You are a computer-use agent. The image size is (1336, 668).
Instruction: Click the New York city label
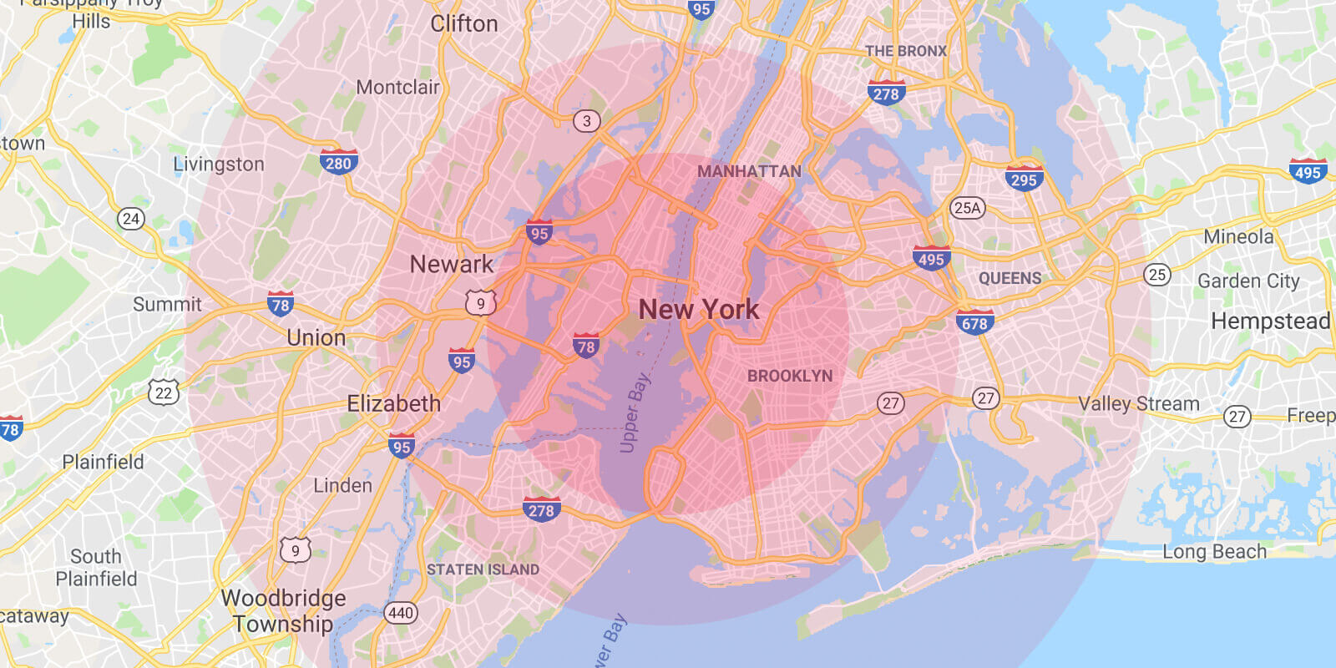tap(699, 310)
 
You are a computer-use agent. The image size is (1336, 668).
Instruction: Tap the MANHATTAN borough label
tap(749, 171)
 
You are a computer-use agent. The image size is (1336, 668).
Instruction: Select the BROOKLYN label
tap(790, 376)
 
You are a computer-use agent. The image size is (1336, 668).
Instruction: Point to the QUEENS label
tap(1010, 278)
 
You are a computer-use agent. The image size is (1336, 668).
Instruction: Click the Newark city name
tap(451, 265)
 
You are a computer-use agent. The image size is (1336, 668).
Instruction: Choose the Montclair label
tap(397, 87)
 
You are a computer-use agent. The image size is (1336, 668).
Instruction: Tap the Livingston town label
tap(219, 164)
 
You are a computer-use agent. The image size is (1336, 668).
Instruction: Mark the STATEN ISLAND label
tap(483, 569)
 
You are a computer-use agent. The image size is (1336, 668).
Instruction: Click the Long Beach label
tap(1214, 552)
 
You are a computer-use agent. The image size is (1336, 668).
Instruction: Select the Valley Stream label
tap(1138, 404)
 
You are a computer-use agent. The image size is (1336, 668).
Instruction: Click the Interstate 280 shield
tap(338, 162)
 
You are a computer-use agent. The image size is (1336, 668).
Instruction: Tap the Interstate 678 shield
tap(974, 322)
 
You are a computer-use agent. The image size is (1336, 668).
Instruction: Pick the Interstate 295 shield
tap(1023, 179)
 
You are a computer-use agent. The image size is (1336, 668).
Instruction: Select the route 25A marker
tap(967, 208)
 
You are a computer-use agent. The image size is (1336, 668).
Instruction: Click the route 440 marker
tap(401, 613)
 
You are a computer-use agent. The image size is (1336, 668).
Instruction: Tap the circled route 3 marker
tap(586, 121)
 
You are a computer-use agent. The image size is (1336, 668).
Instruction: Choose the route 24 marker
tap(131, 219)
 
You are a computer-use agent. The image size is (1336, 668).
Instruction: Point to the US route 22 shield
tap(164, 392)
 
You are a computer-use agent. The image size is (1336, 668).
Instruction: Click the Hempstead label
tap(1270, 321)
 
